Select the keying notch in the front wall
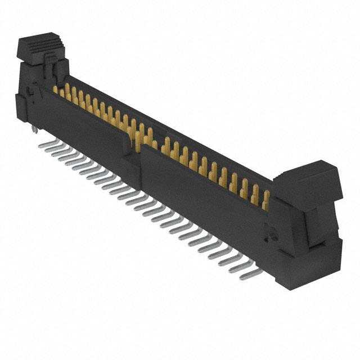135,155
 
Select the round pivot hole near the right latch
269,231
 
